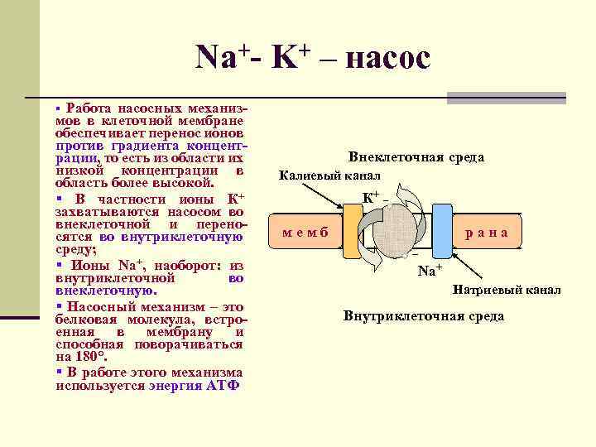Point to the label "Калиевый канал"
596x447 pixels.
point(329,175)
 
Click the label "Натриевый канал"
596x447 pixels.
point(507,290)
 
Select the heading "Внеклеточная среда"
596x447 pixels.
point(416,156)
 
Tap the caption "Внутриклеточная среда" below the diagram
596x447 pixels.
point(423,315)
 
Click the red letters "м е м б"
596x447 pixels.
point(305,233)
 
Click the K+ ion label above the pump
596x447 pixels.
point(372,198)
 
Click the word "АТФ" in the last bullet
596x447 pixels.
point(221,385)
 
